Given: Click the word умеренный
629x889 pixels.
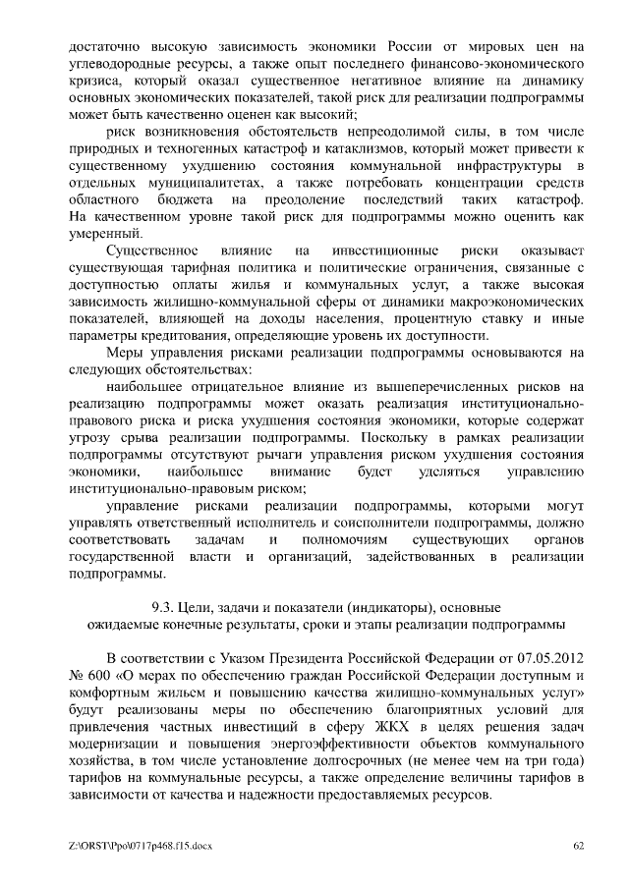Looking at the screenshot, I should (105, 233).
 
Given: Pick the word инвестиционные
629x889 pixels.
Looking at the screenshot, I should (386, 251).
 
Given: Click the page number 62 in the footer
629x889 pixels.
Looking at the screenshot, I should (579, 846).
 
